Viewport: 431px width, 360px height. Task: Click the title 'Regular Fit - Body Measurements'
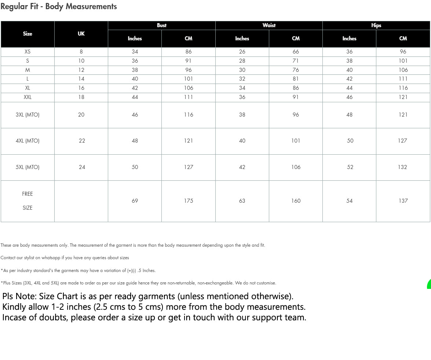(x=59, y=7)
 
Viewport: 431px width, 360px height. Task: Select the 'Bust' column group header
(x=161, y=25)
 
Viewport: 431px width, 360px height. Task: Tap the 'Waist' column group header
(x=269, y=25)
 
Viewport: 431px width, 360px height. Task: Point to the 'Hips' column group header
(x=376, y=25)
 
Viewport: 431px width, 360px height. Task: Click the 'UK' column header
(x=81, y=34)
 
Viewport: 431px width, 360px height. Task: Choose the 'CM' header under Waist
(x=296, y=38)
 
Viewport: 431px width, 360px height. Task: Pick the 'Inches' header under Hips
(x=349, y=38)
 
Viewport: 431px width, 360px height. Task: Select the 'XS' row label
(x=28, y=52)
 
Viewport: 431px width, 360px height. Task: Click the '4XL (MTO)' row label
(x=28, y=141)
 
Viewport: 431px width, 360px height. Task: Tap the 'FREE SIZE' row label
(x=28, y=201)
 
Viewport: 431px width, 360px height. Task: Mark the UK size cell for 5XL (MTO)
(x=82, y=167)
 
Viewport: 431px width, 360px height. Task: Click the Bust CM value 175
(x=189, y=201)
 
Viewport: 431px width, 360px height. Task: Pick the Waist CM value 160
(x=296, y=201)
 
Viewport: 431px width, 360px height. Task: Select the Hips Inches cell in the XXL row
(x=349, y=97)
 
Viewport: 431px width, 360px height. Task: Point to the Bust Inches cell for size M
(x=135, y=70)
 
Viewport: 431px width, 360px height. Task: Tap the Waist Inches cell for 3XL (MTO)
(x=242, y=115)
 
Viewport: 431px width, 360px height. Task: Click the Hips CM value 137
(x=403, y=201)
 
